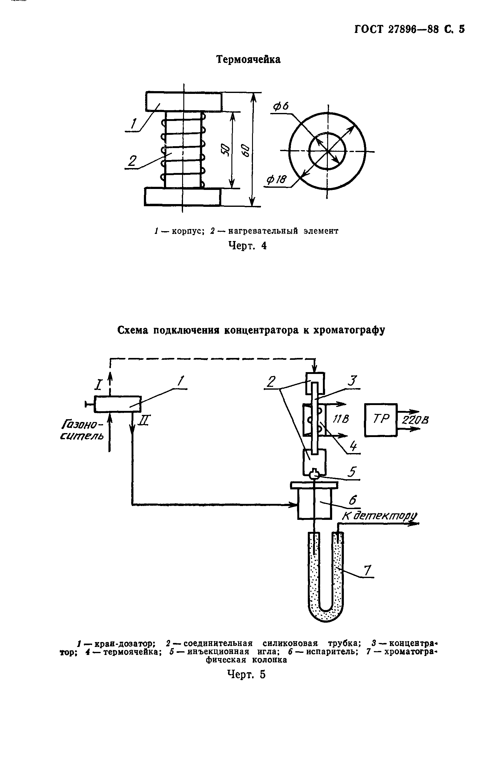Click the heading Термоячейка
click(248, 60)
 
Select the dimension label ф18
click(276, 179)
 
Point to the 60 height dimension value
click(246, 150)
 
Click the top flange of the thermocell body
click(183, 102)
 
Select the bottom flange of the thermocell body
click(182, 197)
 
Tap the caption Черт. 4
click(247, 246)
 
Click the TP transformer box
click(381, 420)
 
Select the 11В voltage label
click(340, 419)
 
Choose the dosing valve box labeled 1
click(117, 404)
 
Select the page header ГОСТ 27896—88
click(397, 29)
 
